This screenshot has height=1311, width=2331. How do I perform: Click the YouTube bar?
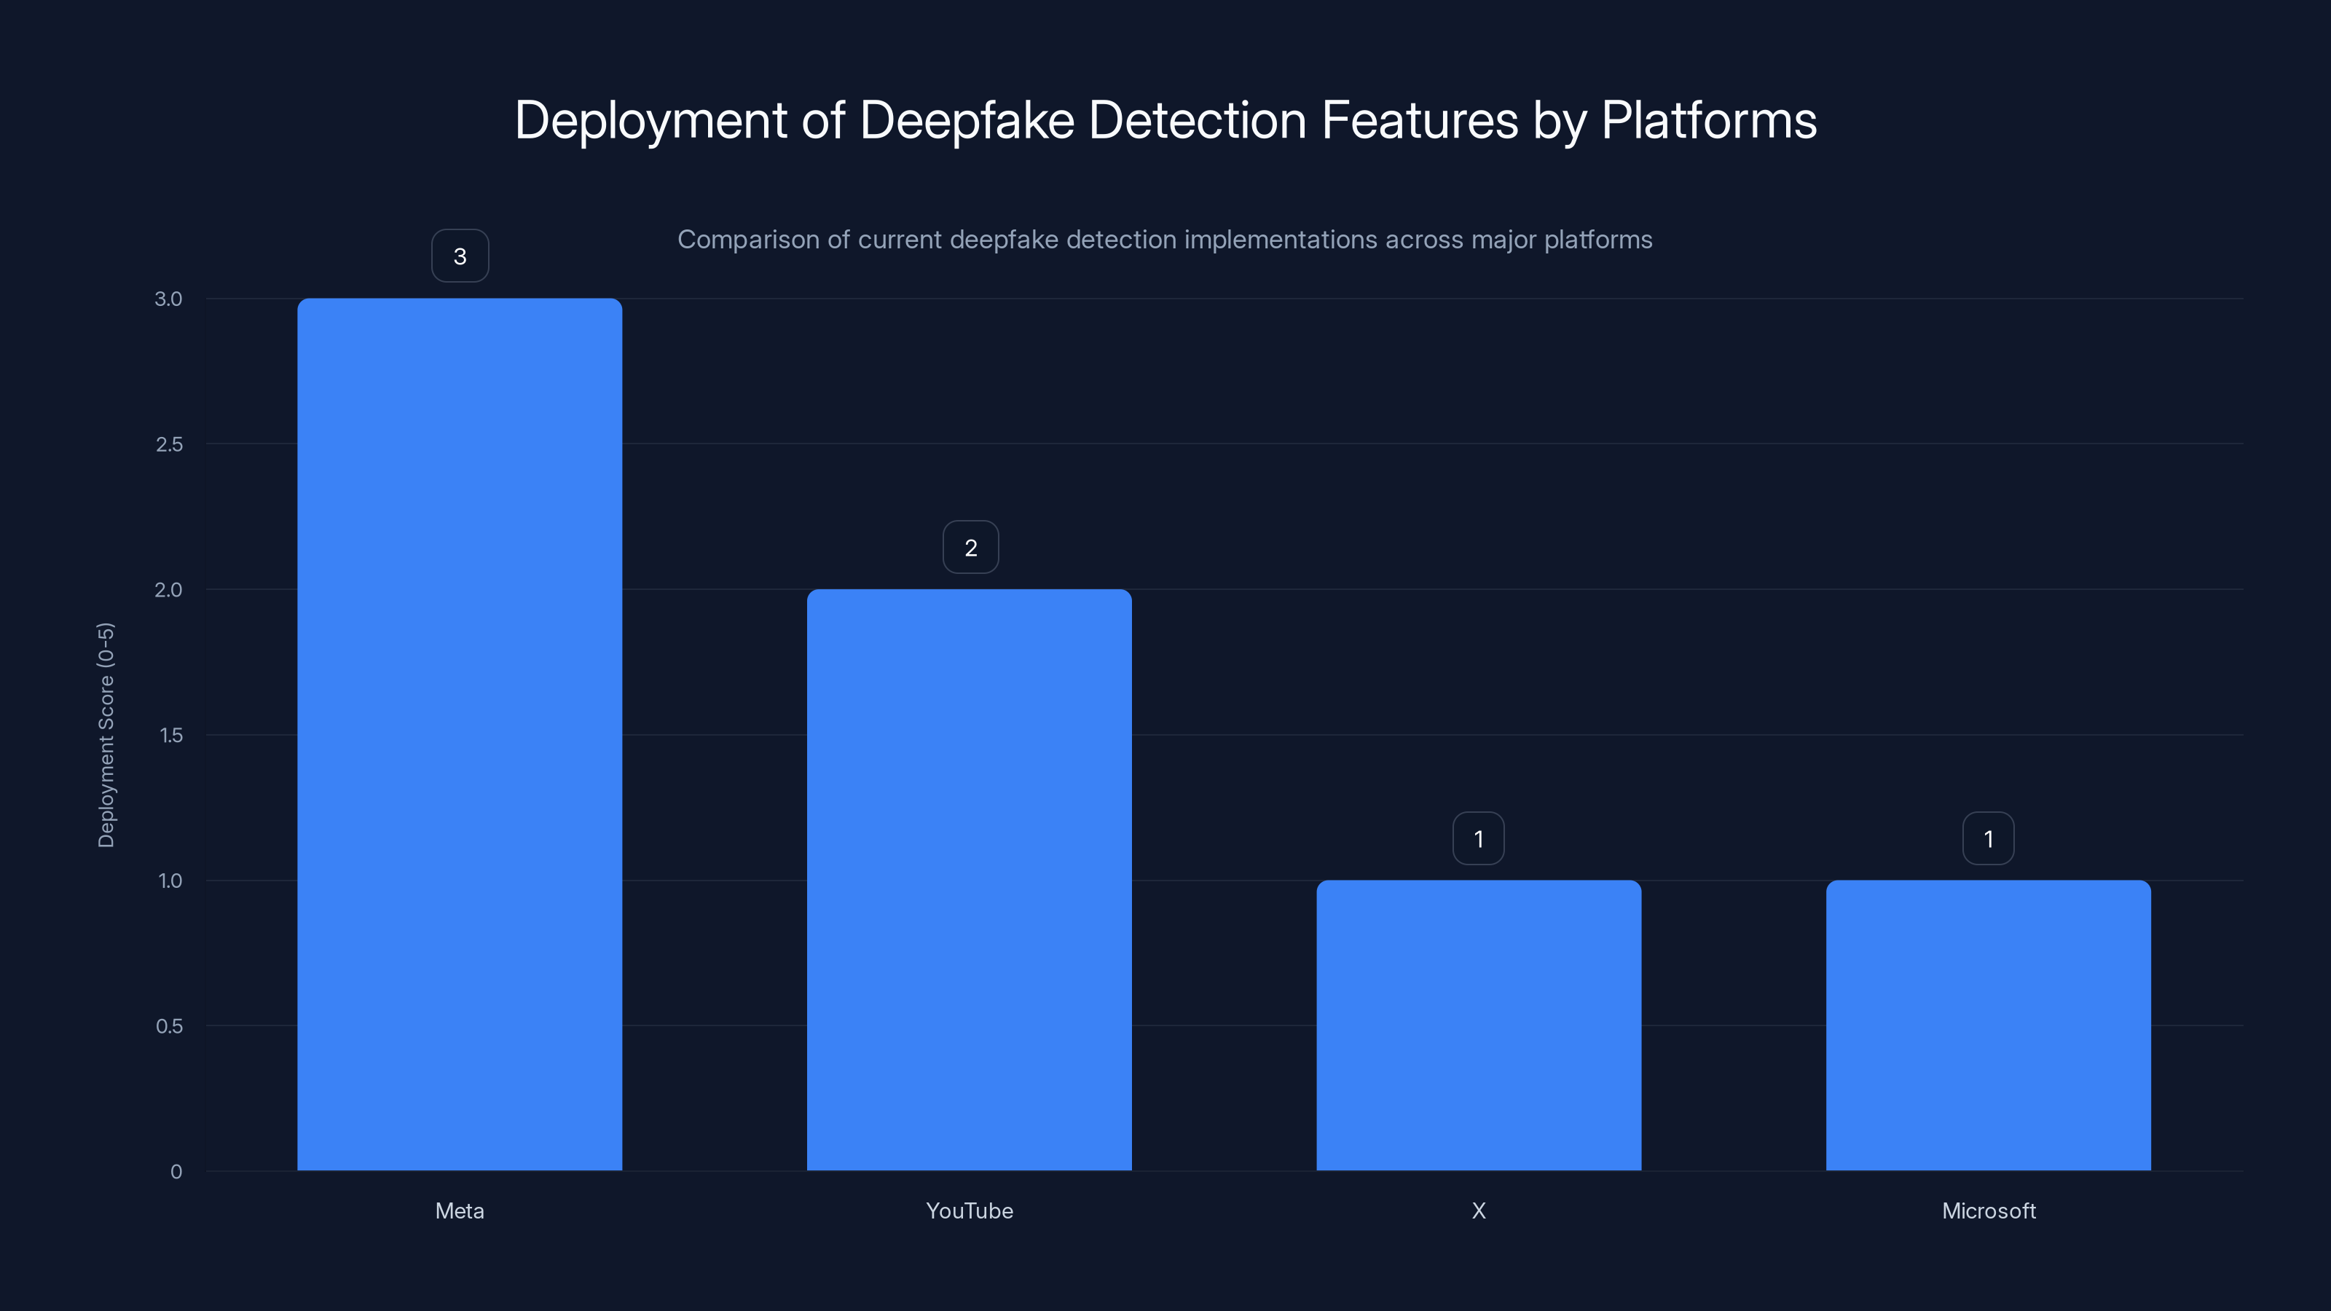pyautogui.click(x=969, y=879)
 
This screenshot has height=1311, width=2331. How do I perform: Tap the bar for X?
pyautogui.click(x=1479, y=1025)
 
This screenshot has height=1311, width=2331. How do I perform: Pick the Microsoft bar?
pyautogui.click(x=1988, y=1025)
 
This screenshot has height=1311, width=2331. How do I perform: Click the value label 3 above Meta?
pyautogui.click(x=460, y=256)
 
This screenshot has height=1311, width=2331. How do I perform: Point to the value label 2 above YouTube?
pyautogui.click(x=970, y=548)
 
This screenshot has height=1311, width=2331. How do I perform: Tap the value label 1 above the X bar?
pyautogui.click(x=1479, y=839)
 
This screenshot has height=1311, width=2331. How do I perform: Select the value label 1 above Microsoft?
pyautogui.click(x=1988, y=839)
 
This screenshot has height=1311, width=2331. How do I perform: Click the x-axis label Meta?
pyautogui.click(x=460, y=1210)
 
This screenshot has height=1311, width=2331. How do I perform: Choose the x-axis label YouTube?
pyautogui.click(x=969, y=1210)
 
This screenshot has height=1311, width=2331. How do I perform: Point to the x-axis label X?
pyautogui.click(x=1479, y=1210)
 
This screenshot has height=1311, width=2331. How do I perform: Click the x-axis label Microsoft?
pyautogui.click(x=1988, y=1210)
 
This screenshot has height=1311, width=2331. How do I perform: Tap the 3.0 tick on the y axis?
pyautogui.click(x=168, y=299)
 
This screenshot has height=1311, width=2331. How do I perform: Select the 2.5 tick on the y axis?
pyautogui.click(x=168, y=444)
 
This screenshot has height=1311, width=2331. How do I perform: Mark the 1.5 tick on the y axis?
pyautogui.click(x=170, y=735)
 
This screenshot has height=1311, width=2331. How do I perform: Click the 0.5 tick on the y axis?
pyautogui.click(x=168, y=1026)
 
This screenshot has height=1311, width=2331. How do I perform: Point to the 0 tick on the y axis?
pyautogui.click(x=176, y=1172)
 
